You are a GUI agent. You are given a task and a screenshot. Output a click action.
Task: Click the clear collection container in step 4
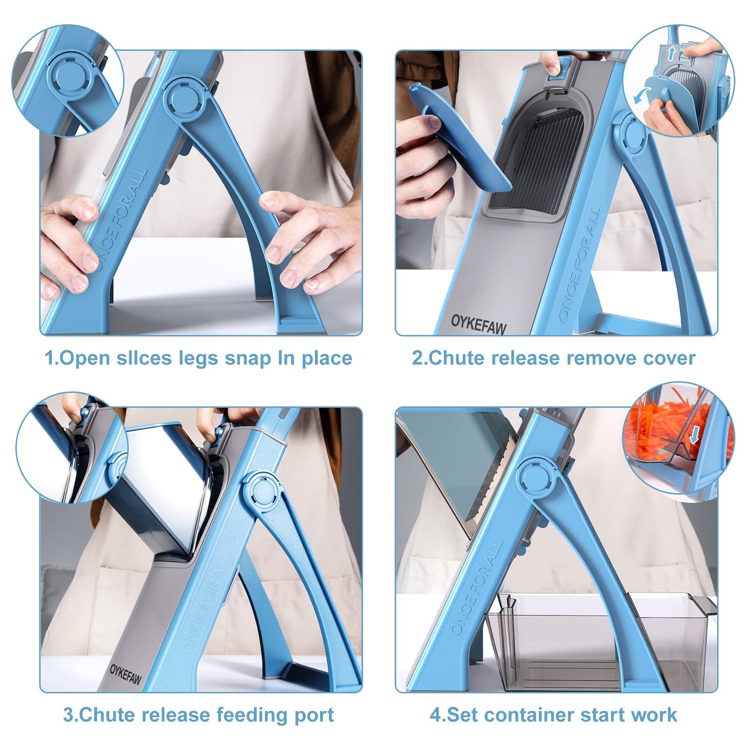coord(600,642)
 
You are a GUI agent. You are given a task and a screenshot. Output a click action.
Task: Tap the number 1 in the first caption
coord(49,359)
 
